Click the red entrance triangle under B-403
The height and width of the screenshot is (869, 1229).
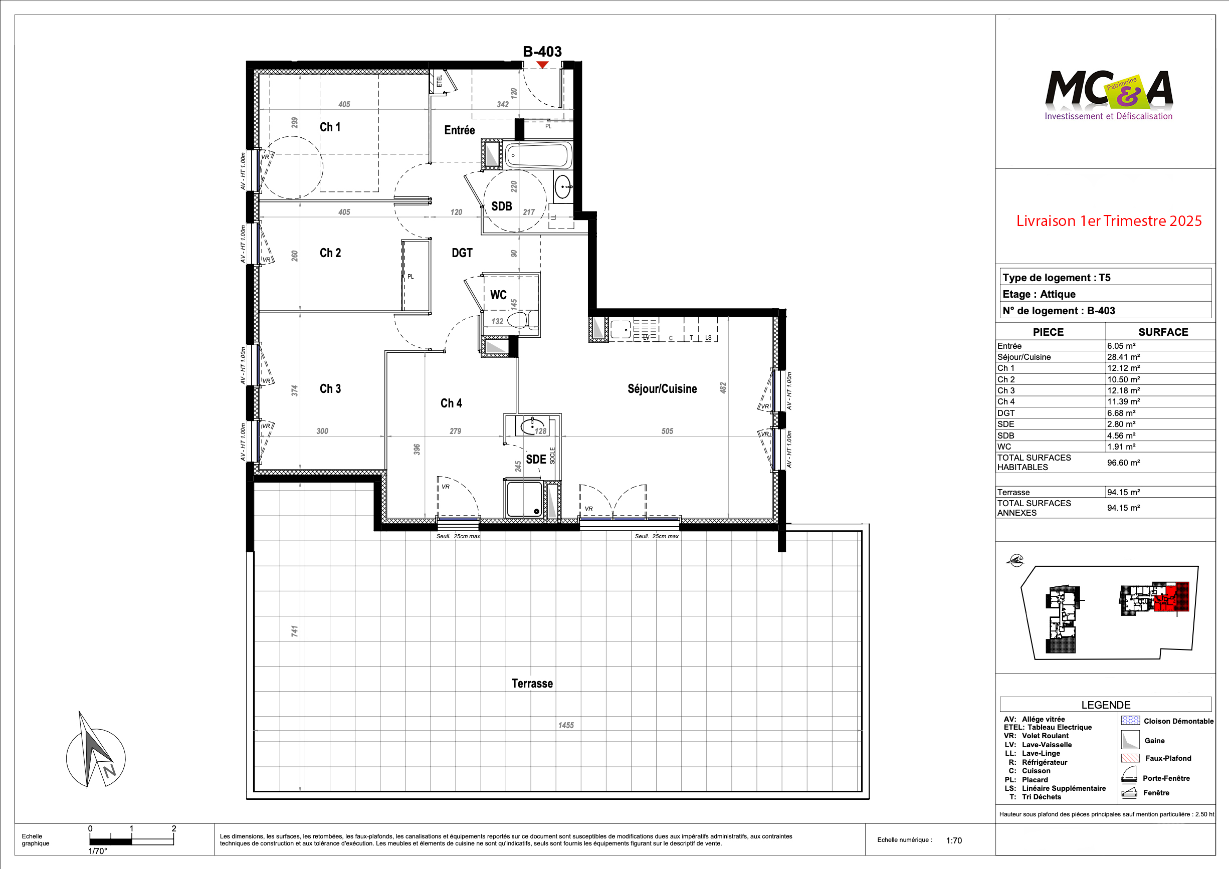pyautogui.click(x=542, y=65)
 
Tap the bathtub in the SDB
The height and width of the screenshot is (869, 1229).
pyautogui.click(x=538, y=156)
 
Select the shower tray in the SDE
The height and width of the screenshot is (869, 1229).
pyautogui.click(x=524, y=499)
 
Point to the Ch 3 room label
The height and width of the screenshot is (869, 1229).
pyautogui.click(x=330, y=388)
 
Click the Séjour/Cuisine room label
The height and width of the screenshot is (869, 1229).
pyautogui.click(x=662, y=388)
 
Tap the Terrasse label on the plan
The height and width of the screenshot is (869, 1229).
pyautogui.click(x=532, y=683)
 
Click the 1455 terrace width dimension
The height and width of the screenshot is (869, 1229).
pyautogui.click(x=566, y=725)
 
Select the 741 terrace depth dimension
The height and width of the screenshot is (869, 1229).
pyautogui.click(x=294, y=631)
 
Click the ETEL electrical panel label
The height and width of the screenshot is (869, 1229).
pyautogui.click(x=440, y=81)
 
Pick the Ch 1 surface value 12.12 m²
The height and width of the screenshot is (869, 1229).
pyautogui.click(x=1124, y=368)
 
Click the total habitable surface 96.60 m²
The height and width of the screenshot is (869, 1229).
pyautogui.click(x=1124, y=463)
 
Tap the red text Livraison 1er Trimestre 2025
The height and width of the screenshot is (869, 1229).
pyautogui.click(x=1109, y=221)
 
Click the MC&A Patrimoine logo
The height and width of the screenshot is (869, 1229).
pyautogui.click(x=1109, y=95)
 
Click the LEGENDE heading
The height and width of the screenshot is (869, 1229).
pyautogui.click(x=1106, y=705)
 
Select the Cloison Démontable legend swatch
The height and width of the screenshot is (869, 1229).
pyautogui.click(x=1130, y=720)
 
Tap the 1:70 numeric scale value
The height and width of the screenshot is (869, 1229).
pyautogui.click(x=954, y=840)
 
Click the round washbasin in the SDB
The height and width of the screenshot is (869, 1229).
pyautogui.click(x=562, y=187)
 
